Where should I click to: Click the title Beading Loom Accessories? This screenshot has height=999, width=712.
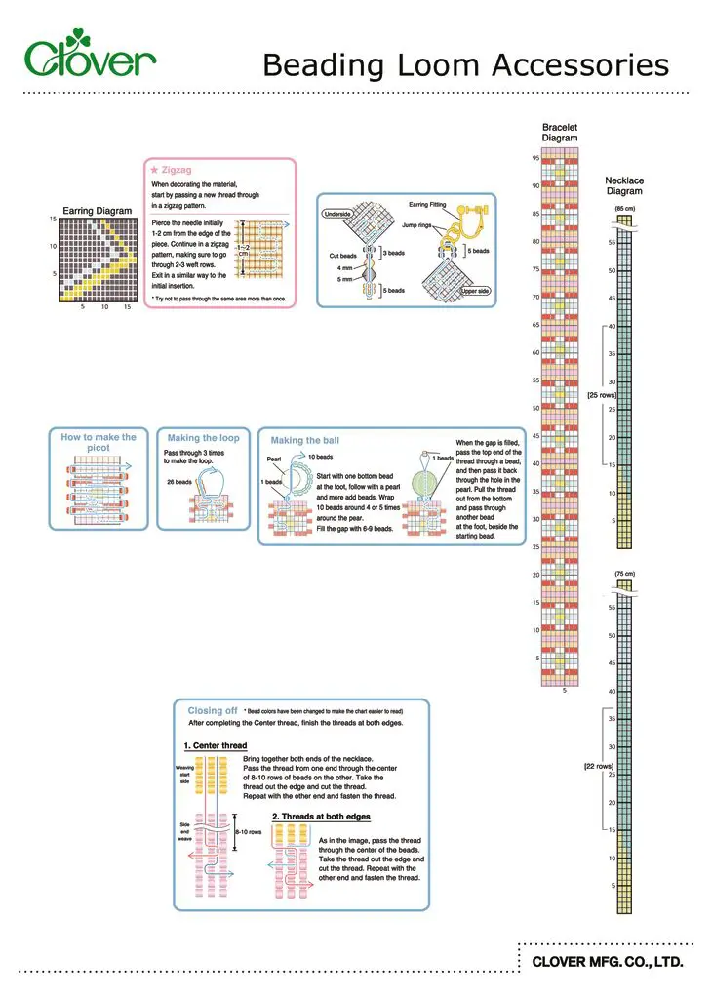click(x=465, y=65)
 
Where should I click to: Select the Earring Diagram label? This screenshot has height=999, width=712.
click(x=97, y=210)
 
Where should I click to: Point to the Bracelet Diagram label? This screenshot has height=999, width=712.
click(x=560, y=133)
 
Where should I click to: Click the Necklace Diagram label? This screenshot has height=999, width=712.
click(x=624, y=185)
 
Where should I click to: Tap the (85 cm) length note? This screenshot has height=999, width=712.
click(x=624, y=209)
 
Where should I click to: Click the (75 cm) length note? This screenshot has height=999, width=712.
click(x=624, y=573)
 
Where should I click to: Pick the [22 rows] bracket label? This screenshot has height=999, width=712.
click(x=599, y=767)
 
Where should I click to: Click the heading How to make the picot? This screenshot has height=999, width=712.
click(x=99, y=442)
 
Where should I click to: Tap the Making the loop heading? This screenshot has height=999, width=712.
click(x=203, y=438)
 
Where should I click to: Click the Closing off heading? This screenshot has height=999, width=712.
click(x=213, y=710)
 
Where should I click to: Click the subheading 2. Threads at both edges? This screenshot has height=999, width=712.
click(x=321, y=816)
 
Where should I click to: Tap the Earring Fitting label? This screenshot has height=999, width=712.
click(x=426, y=205)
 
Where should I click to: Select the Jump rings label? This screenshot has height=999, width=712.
click(x=416, y=225)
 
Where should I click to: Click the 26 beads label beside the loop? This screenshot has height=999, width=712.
click(x=178, y=481)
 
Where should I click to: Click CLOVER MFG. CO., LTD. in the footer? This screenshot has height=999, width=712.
click(x=606, y=962)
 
